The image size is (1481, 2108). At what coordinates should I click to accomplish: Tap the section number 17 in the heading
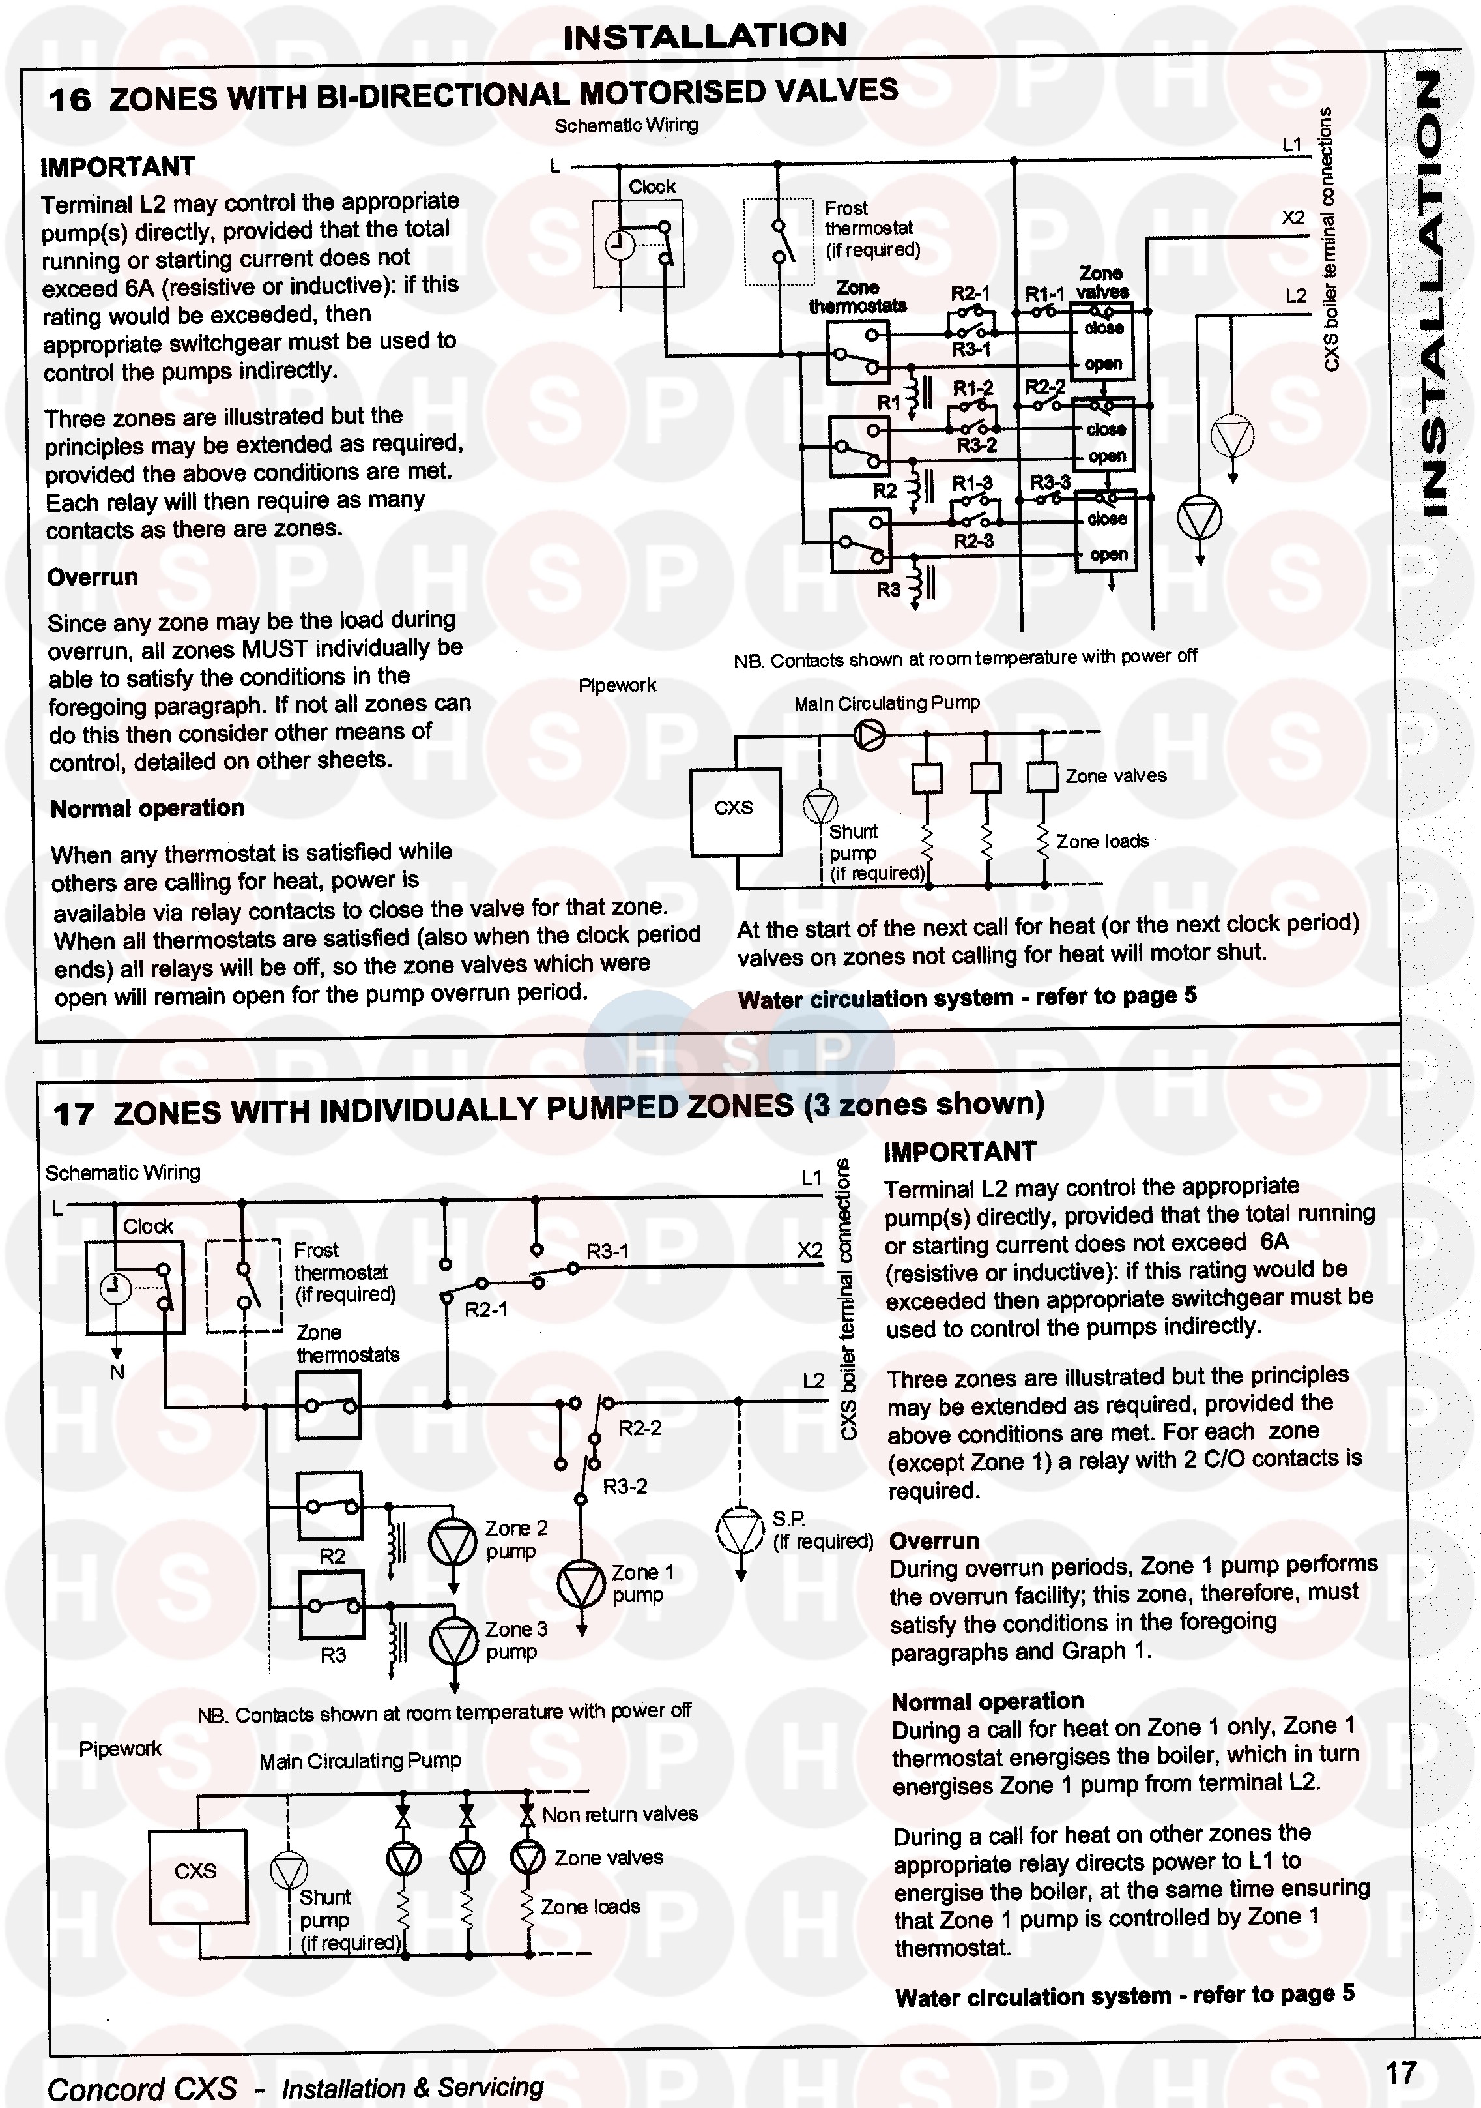(x=74, y=1114)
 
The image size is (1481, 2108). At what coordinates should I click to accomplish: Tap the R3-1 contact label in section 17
(x=607, y=1251)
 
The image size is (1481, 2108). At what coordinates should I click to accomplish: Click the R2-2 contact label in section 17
(x=640, y=1428)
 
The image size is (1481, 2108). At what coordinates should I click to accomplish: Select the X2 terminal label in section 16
(x=1292, y=218)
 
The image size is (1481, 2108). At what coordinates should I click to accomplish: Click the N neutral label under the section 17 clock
(x=117, y=1372)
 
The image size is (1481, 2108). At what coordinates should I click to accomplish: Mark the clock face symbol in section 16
(x=620, y=245)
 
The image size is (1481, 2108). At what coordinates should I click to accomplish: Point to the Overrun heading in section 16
(x=93, y=578)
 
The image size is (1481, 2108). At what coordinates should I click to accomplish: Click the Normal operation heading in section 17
(x=987, y=1701)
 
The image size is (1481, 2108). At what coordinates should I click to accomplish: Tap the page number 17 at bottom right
(x=1400, y=2072)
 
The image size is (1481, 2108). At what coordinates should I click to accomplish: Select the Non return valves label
(x=620, y=1814)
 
